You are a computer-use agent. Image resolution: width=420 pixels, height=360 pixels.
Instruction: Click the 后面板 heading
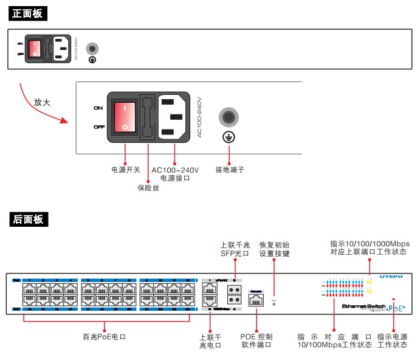[x=28, y=220]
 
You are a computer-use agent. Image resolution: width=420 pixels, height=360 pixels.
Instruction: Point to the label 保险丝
[x=148, y=188]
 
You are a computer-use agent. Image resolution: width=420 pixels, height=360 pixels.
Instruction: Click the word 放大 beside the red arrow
[x=42, y=102]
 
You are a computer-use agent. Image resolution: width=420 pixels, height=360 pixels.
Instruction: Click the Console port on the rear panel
[x=256, y=299]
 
